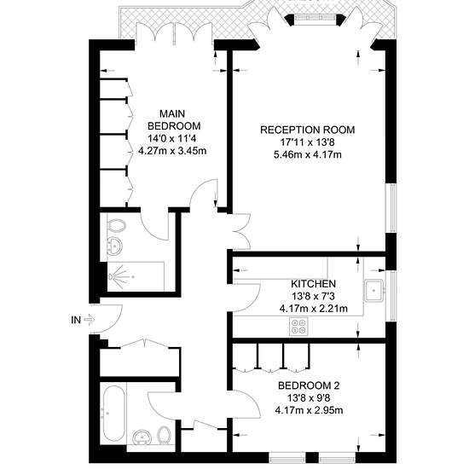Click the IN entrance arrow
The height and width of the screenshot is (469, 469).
[90, 320]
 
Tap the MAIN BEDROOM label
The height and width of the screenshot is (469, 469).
[174, 119]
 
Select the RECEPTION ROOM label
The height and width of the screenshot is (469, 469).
[308, 130]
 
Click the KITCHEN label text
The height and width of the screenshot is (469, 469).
[314, 283]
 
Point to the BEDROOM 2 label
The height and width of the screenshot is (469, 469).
[309, 385]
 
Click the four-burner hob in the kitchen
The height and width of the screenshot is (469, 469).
[298, 326]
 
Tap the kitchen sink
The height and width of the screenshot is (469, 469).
[373, 290]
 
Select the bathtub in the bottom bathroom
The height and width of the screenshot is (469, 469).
[114, 413]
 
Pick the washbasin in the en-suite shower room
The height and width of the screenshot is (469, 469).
[114, 246]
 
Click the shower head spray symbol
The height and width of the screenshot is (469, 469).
[120, 276]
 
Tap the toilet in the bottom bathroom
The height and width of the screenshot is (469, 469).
[164, 435]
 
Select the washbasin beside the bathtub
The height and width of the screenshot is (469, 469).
[142, 437]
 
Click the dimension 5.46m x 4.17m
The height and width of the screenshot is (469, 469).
[308, 154]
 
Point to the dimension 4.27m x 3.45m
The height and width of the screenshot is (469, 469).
[172, 150]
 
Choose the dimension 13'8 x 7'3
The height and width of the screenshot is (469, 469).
[313, 296]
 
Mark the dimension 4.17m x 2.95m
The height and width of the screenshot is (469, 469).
[309, 410]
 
